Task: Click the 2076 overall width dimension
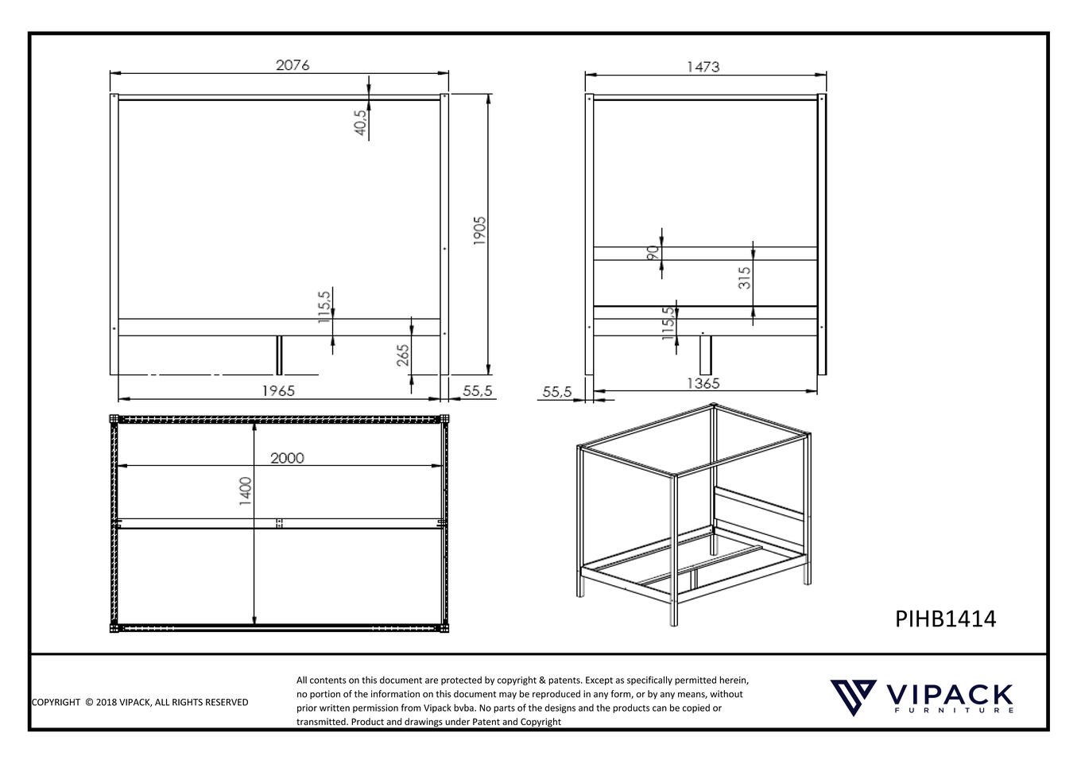[293, 65]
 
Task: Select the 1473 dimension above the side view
[703, 67]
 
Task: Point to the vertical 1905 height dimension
[479, 231]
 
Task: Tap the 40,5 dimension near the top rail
[360, 122]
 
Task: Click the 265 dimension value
[403, 355]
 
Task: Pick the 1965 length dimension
[278, 390]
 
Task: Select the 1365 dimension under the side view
[703, 383]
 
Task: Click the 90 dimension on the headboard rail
[653, 253]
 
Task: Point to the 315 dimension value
[745, 277]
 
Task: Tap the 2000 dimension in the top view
[287, 458]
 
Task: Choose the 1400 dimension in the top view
[246, 491]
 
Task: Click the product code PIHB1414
[945, 619]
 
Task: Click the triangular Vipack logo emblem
[853, 697]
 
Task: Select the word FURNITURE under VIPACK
[954, 711]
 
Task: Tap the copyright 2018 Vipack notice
[140, 702]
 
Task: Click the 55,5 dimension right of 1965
[477, 390]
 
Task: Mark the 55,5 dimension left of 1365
[557, 391]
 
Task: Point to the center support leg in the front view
[279, 355]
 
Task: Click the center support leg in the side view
[705, 355]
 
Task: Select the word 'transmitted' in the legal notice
[322, 722]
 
